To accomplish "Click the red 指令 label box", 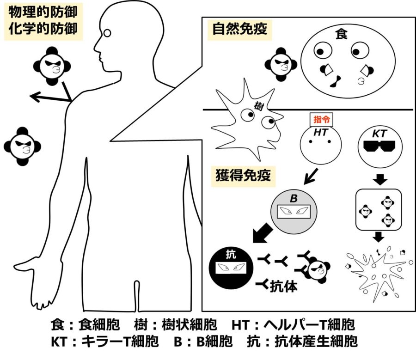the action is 321,120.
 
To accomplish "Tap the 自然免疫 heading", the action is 239,29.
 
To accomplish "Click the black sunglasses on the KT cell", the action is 379,146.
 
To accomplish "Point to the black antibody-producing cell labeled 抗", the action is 231,268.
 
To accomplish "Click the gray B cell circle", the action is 294,212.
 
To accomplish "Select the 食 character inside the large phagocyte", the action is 341,34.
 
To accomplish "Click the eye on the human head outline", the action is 107,33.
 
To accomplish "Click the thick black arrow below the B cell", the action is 262,233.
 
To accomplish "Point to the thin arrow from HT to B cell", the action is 311,176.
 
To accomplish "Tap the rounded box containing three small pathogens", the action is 379,210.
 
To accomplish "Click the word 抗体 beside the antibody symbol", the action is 284,286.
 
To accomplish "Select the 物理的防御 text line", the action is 43,12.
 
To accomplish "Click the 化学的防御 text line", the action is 43,28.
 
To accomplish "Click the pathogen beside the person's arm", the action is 22,146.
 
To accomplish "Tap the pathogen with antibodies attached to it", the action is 317,270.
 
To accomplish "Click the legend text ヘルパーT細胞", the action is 309,324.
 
